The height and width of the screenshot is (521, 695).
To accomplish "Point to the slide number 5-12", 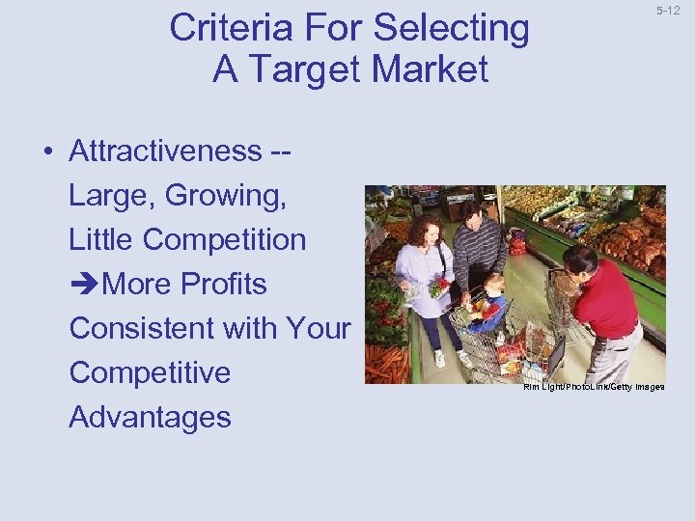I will point(667,12).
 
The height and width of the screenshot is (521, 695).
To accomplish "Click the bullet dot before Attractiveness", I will point(46,152).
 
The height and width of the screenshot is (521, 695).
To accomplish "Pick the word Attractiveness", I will point(165,151).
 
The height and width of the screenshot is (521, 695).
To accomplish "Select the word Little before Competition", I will point(105,240).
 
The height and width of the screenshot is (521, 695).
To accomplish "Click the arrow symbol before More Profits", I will point(84,285).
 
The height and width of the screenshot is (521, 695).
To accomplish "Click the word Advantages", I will point(150,418).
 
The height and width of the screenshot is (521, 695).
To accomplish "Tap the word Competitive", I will point(150,373).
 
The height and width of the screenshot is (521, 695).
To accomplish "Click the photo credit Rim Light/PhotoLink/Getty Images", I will point(593,387).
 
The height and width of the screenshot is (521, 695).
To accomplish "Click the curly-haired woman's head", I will point(426,231).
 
